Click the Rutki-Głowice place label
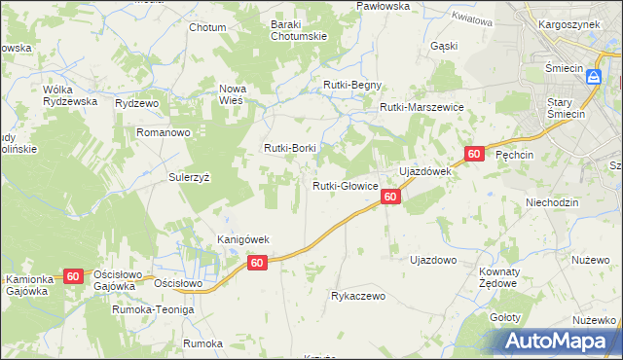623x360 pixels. coord(345,186)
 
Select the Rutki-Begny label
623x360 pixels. coord(352,85)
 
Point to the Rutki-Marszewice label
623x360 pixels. coord(421,107)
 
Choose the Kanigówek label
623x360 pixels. coord(242,239)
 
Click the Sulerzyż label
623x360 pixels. coord(190,178)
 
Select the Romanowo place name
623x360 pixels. coord(163,131)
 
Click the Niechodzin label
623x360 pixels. coord(552,202)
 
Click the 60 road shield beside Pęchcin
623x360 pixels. coord(474,154)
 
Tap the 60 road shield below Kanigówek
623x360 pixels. coord(257,263)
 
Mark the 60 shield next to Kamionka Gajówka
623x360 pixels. coord(73,276)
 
